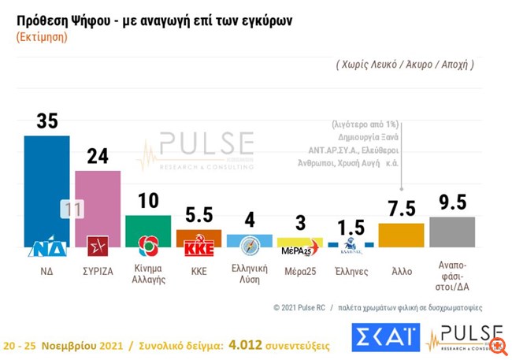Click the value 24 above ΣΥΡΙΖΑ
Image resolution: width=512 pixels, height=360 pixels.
click(98, 156)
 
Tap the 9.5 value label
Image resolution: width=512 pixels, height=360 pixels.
click(452, 201)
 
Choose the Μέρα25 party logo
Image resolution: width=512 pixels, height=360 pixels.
click(299, 250)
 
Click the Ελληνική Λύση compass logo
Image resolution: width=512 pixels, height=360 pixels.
click(249, 246)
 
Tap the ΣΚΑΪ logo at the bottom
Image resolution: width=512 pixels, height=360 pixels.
click(385, 337)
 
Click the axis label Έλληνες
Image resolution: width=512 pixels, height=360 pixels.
click(351, 269)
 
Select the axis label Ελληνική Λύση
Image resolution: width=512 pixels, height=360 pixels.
click(249, 274)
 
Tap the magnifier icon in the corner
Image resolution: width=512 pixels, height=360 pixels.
click(497, 345)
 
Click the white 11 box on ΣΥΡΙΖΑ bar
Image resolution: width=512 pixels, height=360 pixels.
click(72, 209)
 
